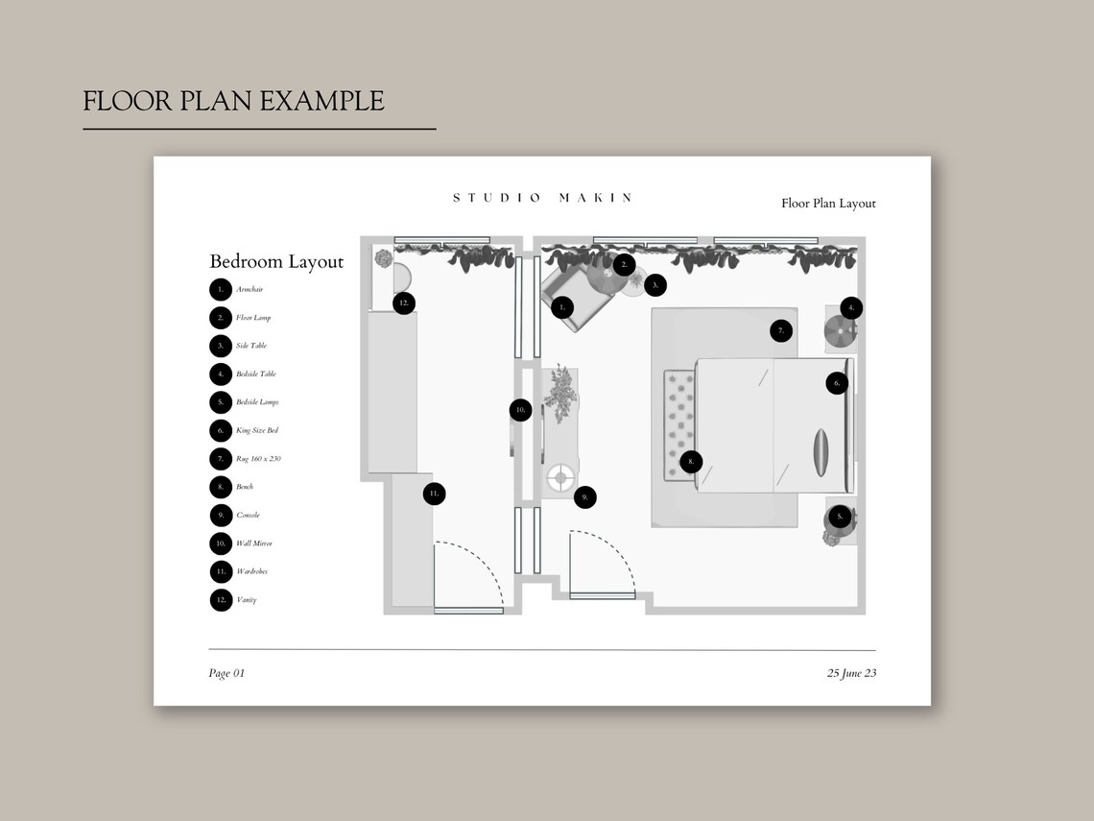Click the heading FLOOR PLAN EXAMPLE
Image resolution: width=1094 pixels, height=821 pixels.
pos(233,101)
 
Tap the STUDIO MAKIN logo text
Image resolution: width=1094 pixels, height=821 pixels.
pos(542,198)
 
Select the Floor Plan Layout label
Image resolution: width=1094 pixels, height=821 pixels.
pos(828,204)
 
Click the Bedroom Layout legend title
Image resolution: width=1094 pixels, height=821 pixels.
pos(276,262)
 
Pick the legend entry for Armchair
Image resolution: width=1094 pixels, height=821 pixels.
pos(249,289)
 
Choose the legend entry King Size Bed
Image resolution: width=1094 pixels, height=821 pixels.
pos(256,430)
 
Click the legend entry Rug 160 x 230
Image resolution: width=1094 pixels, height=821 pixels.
pos(258,459)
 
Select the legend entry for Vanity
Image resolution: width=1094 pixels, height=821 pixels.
pos(246,600)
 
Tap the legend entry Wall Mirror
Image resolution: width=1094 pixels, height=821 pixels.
pos(253,543)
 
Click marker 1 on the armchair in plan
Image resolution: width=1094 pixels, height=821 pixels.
pos(562,307)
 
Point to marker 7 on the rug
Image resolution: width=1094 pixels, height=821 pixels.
pos(781,330)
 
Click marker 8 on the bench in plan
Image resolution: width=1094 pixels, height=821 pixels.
pos(691,462)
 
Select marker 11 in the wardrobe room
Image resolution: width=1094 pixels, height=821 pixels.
pos(434,494)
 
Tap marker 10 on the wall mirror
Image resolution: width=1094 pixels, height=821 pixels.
pos(520,410)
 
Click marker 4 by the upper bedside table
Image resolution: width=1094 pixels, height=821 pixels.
pos(850,308)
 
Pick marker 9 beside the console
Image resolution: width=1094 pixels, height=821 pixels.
pos(584,497)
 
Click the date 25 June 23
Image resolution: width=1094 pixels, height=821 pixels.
pos(851,673)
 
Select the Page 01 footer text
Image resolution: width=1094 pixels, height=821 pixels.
pos(226,673)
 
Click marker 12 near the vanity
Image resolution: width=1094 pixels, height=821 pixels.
pos(404,302)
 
